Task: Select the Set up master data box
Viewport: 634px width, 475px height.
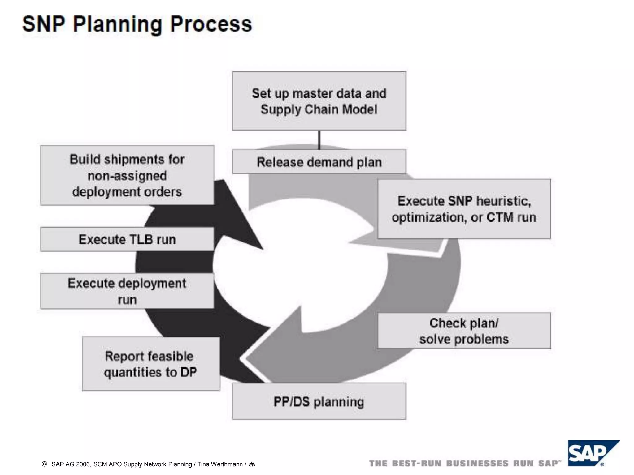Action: [x=319, y=101]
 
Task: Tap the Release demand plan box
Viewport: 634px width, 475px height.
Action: [x=319, y=162]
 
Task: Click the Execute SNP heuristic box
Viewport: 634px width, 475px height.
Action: [x=464, y=209]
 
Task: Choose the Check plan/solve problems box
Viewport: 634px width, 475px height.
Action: [x=464, y=331]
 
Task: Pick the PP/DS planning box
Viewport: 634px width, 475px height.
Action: [x=319, y=401]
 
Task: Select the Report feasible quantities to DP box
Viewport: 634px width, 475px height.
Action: [x=151, y=364]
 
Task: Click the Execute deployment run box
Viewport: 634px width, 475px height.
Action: [x=127, y=291]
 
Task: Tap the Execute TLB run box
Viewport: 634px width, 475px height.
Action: [x=127, y=239]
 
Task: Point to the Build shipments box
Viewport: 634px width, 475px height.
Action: [x=127, y=175]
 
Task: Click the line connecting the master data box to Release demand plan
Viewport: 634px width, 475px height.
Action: [x=319, y=140]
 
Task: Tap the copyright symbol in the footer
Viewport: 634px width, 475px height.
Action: [x=44, y=464]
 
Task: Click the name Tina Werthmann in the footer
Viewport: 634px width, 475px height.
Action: [x=220, y=464]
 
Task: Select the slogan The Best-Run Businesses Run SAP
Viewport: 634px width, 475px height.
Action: [x=464, y=464]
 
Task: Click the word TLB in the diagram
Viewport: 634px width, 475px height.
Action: [x=140, y=240]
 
